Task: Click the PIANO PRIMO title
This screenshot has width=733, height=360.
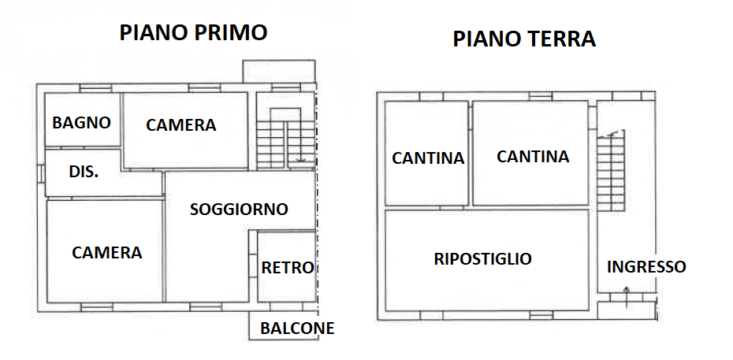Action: point(194,32)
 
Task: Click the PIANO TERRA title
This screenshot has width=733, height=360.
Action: point(524,39)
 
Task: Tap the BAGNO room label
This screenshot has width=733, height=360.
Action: point(82,123)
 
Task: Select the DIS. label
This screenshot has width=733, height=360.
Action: point(84,172)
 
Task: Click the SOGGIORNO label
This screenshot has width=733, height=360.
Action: point(239,210)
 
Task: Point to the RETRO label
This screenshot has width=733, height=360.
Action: point(287,268)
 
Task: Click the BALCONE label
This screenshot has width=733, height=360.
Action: point(297,328)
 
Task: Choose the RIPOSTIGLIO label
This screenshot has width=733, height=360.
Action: point(483,258)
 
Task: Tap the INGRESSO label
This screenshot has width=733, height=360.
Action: point(646,266)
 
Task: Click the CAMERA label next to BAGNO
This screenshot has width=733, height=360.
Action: point(181,124)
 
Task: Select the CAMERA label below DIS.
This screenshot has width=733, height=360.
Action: point(107,253)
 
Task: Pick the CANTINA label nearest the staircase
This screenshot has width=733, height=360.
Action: point(533,156)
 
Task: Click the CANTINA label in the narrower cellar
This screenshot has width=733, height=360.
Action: point(428,158)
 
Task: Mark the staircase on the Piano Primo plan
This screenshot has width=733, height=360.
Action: point(285,139)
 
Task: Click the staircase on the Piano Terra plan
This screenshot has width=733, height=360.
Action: point(611,170)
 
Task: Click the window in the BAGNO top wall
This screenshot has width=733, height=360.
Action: point(95,87)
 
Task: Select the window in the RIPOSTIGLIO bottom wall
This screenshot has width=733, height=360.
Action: point(541,315)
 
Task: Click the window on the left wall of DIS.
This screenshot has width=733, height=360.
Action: point(41,173)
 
